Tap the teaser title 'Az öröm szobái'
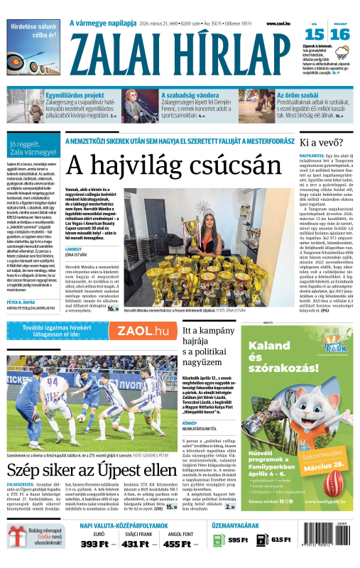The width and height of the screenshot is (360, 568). coord(297,94)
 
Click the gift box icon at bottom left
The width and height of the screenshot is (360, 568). coord(16,549)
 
